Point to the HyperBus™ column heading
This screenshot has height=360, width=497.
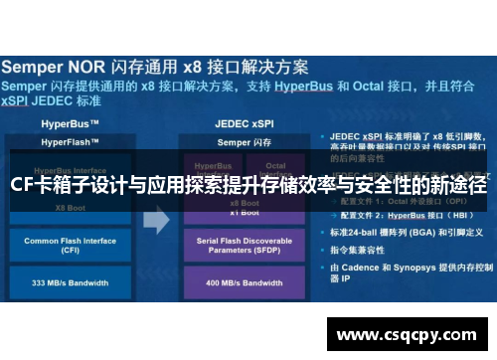tap(69, 126)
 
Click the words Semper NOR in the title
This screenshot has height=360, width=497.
tap(59, 69)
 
